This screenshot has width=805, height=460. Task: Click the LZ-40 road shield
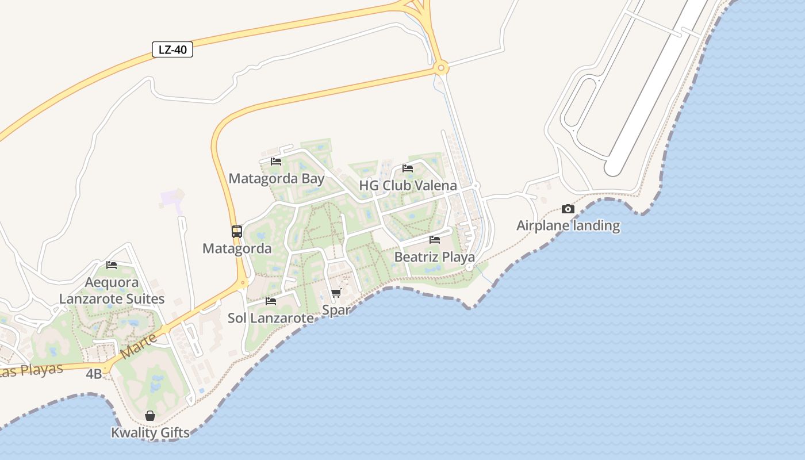(172, 50)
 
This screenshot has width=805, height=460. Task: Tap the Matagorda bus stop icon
(237, 232)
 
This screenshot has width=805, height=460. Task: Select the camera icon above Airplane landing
(568, 209)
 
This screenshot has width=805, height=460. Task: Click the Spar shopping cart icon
(336, 293)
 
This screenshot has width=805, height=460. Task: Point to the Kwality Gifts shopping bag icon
(150, 416)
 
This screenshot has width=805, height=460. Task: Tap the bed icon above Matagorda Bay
(276, 162)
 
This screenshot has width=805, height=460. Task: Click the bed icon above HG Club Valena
(408, 168)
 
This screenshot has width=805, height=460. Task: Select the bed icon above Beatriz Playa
(435, 240)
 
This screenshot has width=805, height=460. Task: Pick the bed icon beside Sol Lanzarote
(271, 301)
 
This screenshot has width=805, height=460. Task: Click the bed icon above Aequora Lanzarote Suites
(112, 265)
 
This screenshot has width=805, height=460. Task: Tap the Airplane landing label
(568, 225)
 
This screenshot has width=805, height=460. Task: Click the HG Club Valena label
(408, 186)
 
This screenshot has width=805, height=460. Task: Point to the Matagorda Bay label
(277, 179)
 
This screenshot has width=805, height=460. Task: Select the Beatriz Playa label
(435, 257)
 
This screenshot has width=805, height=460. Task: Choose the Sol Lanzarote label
(271, 318)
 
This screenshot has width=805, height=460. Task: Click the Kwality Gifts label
(150, 433)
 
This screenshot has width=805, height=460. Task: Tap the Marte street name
(140, 347)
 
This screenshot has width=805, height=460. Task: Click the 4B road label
(94, 374)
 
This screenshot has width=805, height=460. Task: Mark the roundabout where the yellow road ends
(441, 68)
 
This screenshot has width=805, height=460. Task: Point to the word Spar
(336, 310)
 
